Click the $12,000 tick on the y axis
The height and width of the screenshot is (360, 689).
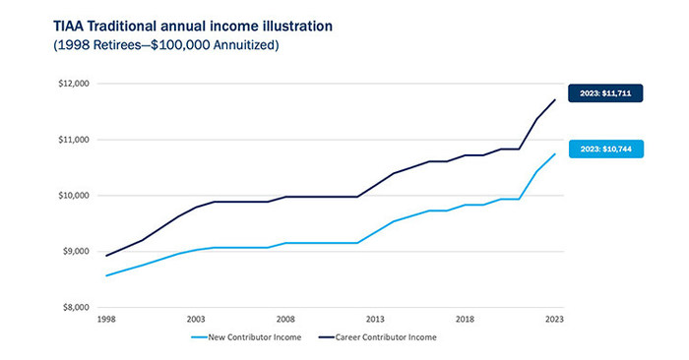[75, 84]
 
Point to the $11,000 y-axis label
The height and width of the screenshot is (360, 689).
[75, 140]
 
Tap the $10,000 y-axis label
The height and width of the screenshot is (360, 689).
[75, 196]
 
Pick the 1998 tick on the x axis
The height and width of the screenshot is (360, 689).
[105, 320]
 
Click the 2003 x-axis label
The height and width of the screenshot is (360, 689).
[195, 320]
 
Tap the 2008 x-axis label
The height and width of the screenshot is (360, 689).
[284, 320]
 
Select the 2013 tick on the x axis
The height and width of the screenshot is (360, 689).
[375, 320]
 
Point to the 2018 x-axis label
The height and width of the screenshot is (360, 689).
[465, 320]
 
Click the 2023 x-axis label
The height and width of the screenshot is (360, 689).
[554, 320]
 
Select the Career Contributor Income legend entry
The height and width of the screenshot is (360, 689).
[379, 336]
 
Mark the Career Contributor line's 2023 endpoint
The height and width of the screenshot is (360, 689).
[554, 99]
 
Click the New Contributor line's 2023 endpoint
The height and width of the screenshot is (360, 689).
[554, 153]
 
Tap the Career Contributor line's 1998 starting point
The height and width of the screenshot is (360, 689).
[105, 256]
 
